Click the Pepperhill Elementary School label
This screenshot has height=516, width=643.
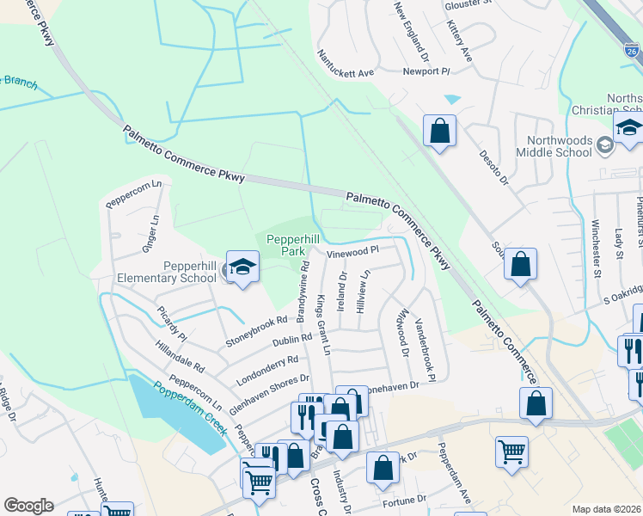point(168,272)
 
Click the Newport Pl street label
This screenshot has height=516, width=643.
point(426,71)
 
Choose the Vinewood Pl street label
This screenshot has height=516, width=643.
point(352,251)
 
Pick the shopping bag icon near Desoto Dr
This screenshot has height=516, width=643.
point(439,132)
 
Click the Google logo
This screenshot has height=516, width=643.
point(28,505)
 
